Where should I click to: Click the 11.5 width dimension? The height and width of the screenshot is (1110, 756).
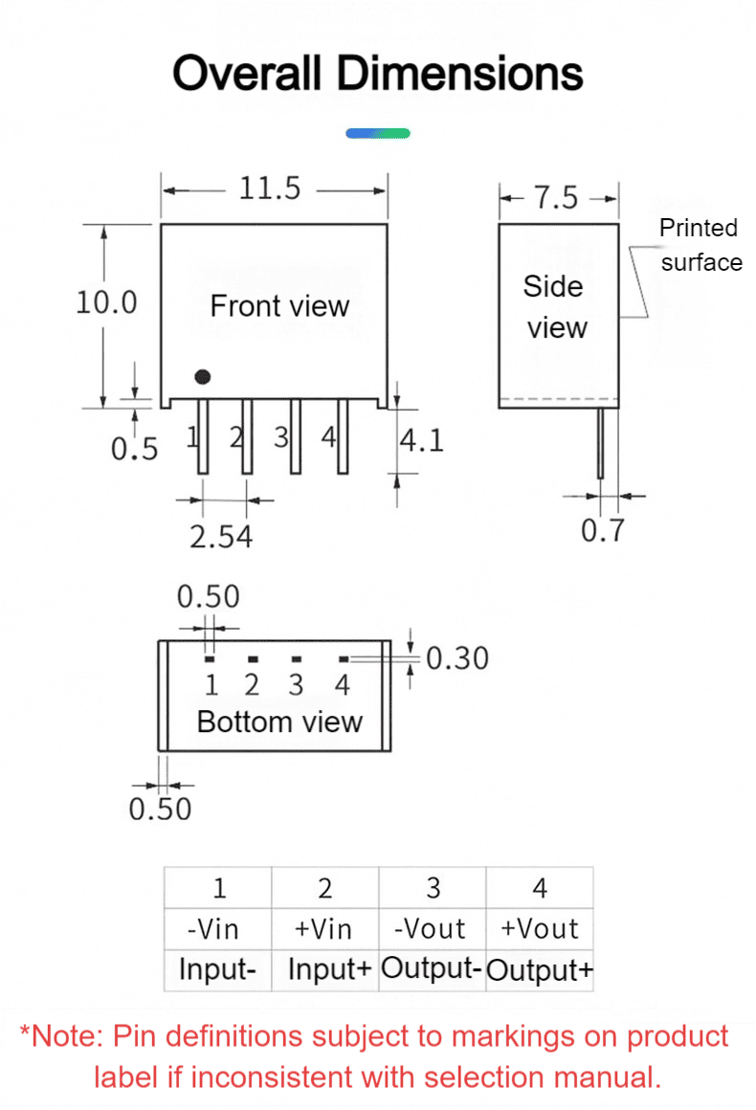[270, 189]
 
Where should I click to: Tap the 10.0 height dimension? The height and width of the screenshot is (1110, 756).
[106, 302]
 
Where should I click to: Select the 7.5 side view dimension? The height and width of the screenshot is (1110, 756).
[556, 197]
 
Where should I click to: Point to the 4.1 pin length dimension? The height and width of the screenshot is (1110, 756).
[422, 440]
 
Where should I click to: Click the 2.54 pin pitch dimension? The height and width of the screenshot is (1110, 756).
[221, 537]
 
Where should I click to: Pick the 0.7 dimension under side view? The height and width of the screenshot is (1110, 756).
[603, 530]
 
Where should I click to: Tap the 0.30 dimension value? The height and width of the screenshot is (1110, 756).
[457, 658]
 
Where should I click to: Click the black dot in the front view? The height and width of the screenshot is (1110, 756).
[203, 377]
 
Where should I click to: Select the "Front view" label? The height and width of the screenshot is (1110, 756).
[279, 306]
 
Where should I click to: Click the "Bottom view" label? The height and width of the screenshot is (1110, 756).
[279, 722]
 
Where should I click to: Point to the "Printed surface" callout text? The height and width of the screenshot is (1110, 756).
[700, 245]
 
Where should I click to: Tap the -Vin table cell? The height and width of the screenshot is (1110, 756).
[218, 929]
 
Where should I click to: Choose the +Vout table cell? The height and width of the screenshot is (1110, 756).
[540, 929]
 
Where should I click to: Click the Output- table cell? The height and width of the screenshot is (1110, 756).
[432, 969]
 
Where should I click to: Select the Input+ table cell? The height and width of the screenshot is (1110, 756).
[325, 969]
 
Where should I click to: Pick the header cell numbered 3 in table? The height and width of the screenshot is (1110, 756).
[432, 888]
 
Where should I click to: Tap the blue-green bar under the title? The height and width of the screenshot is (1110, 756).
[378, 133]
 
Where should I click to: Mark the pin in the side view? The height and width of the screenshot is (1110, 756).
[600, 443]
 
